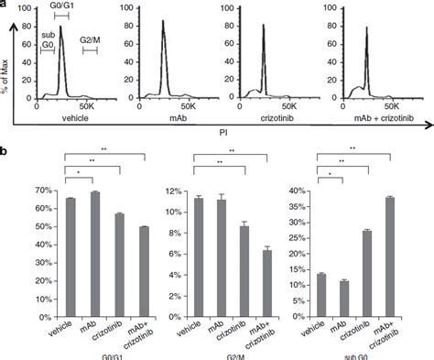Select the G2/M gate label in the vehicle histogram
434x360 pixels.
(x=91, y=39)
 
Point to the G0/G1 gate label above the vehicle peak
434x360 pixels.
(x=60, y=7)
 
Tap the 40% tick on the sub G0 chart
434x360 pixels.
(x=307, y=191)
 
